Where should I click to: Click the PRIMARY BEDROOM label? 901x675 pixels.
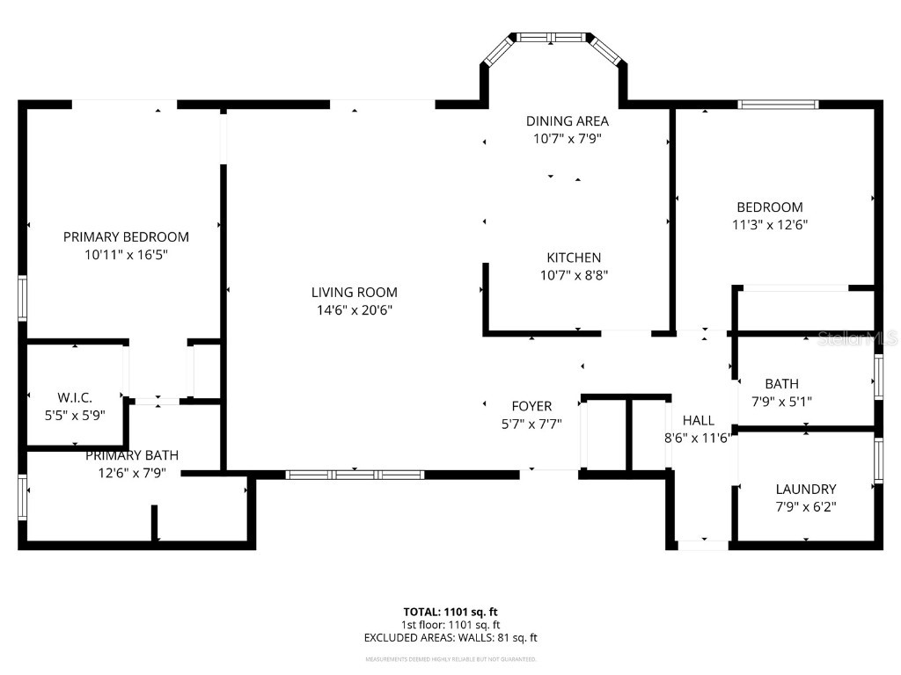coord(126,236)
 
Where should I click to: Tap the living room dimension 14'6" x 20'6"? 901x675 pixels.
coord(354,309)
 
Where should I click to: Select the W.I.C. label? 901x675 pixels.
coord(74,398)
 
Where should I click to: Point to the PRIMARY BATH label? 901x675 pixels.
coord(132,454)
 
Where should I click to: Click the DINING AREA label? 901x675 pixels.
coord(567,121)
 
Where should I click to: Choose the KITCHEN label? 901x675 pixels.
coord(574,258)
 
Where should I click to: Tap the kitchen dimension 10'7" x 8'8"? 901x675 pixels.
coord(574,274)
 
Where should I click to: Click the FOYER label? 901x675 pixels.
coord(531,406)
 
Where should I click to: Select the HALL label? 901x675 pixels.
coord(699,420)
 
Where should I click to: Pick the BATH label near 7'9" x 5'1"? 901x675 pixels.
coord(781,383)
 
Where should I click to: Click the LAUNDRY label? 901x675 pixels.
coord(805,489)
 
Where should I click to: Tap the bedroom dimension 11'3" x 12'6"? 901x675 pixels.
coord(769,224)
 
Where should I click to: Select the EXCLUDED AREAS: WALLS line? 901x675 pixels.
coord(450,638)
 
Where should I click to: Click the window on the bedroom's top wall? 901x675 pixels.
coord(778,105)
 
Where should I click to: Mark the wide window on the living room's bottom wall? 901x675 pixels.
coord(355,475)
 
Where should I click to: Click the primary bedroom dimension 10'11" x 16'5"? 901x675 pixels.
coord(126,254)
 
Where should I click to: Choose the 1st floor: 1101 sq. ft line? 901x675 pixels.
coord(450,625)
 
